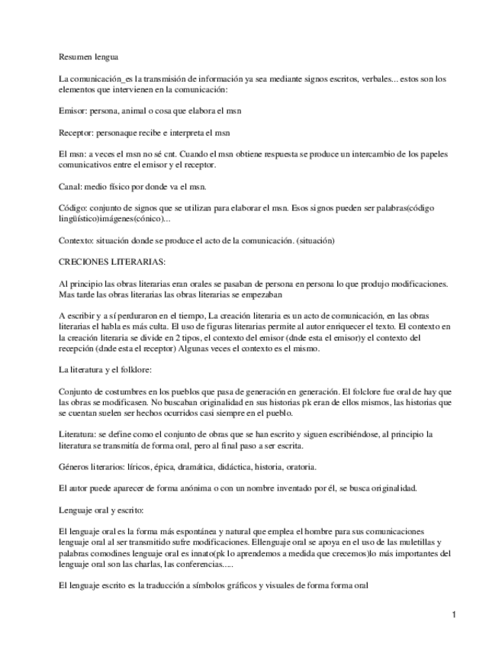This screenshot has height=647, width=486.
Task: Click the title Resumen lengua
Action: click(89, 57)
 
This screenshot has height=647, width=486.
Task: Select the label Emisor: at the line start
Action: click(73, 111)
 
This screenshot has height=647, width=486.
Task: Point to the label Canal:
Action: click(72, 185)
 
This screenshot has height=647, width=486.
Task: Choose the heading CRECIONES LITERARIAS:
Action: click(106, 261)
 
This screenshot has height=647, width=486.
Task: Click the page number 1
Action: click(453, 614)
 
